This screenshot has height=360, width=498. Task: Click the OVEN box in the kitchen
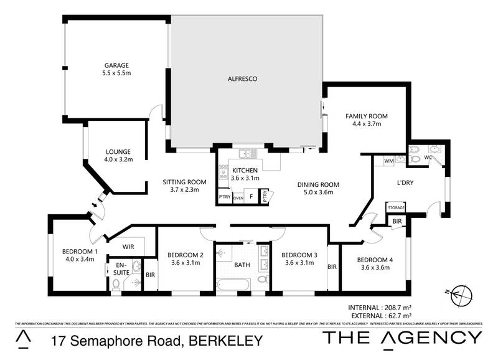coord(238,197)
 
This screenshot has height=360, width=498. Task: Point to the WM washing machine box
coord(388,161)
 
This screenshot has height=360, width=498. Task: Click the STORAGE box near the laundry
coord(396,207)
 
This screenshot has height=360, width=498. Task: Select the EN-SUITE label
coord(120,268)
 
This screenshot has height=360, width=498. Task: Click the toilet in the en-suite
coord(116,285)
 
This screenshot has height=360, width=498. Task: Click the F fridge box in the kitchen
coord(251,197)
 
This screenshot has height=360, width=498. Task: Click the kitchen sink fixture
coord(247,153)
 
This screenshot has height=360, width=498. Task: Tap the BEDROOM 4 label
coord(374,260)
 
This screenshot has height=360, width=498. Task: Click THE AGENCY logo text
coord(402,338)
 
